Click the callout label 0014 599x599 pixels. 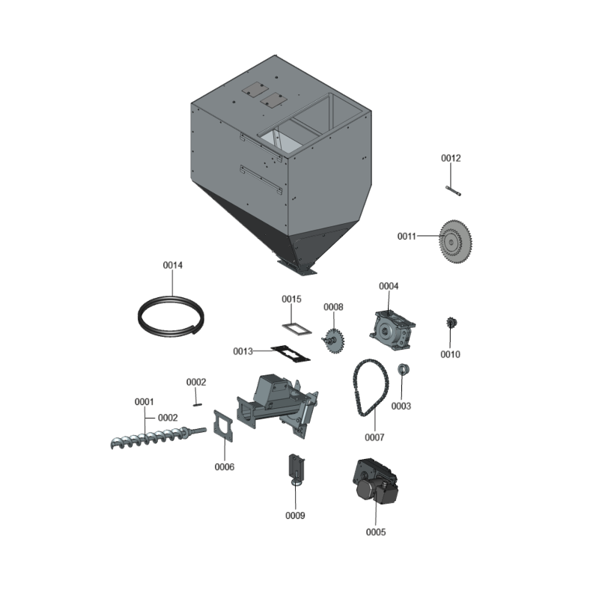pyautogui.click(x=173, y=265)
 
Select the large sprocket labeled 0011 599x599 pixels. pyautogui.click(x=456, y=241)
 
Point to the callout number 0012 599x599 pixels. pyautogui.click(x=451, y=158)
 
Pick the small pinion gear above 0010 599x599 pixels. pyautogui.click(x=451, y=323)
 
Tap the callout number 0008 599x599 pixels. pyautogui.click(x=333, y=307)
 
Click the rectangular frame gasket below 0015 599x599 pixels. pyautogui.click(x=296, y=328)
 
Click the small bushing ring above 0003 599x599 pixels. pyautogui.click(x=402, y=369)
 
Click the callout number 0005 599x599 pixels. pyautogui.click(x=376, y=532)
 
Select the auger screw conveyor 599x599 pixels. pyautogui.click(x=157, y=437)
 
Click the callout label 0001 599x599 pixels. pyautogui.click(x=145, y=402)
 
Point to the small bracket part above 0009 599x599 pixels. pyautogui.click(x=297, y=469)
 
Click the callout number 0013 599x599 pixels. pyautogui.click(x=243, y=350)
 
